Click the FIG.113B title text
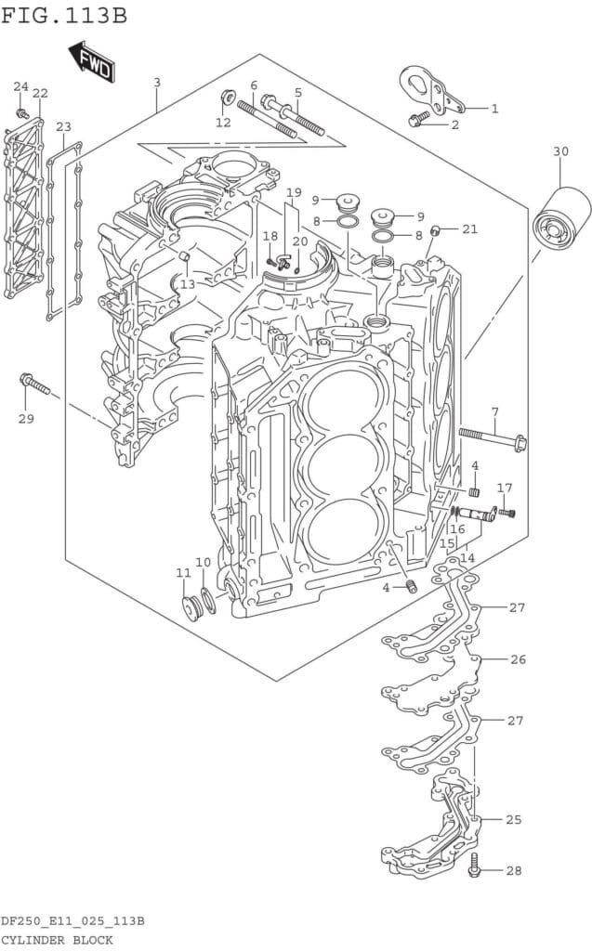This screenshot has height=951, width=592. [x=64, y=16]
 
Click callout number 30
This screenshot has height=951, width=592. [x=560, y=151]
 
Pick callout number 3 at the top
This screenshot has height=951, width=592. [x=157, y=83]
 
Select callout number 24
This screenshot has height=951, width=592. [x=20, y=86]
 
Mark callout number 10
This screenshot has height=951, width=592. [x=203, y=563]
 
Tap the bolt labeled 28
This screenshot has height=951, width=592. [x=475, y=866]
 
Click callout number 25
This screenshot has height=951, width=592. [x=514, y=820]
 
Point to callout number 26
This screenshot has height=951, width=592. [x=518, y=660]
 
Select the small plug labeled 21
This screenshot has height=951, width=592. [x=435, y=229]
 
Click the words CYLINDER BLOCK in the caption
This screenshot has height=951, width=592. [x=57, y=940]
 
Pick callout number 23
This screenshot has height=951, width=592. [x=63, y=127]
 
